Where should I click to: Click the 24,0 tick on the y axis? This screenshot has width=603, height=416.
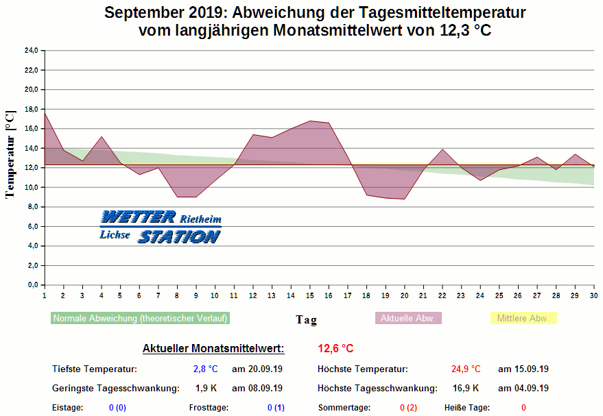31,51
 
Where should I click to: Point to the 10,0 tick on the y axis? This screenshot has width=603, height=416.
31,187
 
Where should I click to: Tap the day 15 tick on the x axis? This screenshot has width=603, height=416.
310,295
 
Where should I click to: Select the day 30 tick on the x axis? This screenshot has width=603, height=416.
593,295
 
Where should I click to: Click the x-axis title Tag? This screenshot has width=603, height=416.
306,319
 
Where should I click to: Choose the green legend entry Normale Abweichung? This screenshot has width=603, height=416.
140,318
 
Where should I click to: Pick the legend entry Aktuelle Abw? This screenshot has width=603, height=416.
408,318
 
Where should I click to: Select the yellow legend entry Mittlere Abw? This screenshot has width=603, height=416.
523,318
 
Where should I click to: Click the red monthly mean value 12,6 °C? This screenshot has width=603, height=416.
335,349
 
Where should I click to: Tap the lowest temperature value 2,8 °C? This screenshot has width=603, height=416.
205,369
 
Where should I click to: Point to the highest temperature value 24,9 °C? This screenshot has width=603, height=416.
466,369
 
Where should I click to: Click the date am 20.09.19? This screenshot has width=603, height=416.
257,369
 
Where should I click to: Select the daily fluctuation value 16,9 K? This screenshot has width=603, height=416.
466,389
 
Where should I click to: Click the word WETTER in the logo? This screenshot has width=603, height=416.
138,218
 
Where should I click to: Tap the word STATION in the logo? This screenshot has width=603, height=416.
178,236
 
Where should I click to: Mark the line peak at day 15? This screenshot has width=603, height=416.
310,121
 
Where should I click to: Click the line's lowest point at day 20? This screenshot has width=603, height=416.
405,199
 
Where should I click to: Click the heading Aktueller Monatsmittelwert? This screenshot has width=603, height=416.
213,349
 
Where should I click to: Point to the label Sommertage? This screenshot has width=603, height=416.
344,408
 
